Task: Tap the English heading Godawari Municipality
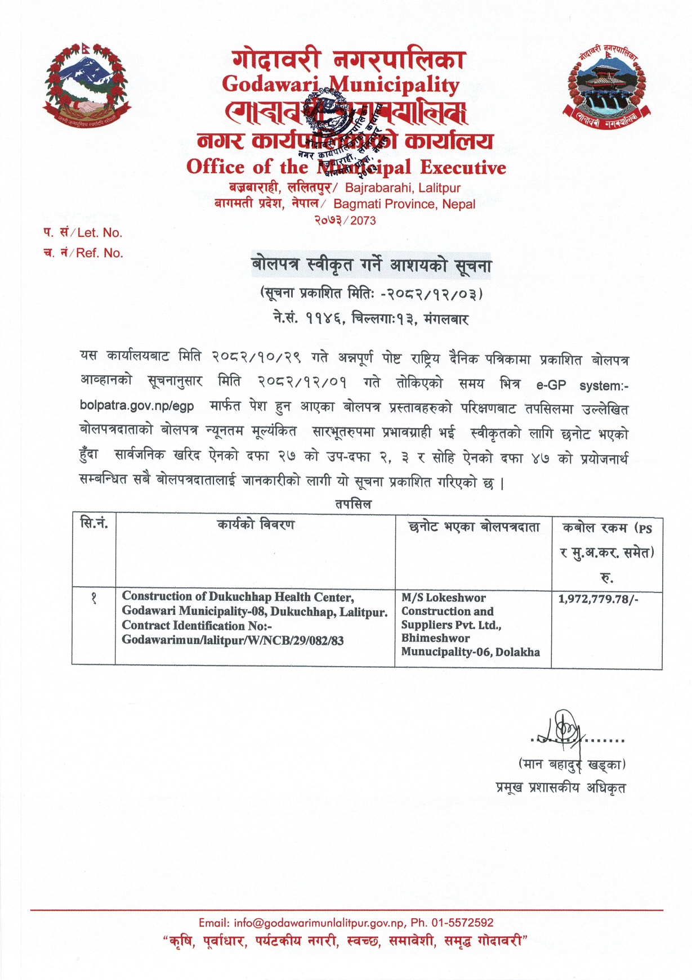coord(341,84)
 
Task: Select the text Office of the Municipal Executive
coord(346,167)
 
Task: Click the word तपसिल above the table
coord(353,504)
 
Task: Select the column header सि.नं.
coord(94,524)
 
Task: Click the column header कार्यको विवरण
coord(256,525)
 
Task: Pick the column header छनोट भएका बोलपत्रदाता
coord(474,527)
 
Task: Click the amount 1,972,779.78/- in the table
coord(598,599)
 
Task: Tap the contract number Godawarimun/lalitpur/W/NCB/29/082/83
coord(233,640)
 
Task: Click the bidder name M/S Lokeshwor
coord(443,598)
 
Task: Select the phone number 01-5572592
coord(462,923)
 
